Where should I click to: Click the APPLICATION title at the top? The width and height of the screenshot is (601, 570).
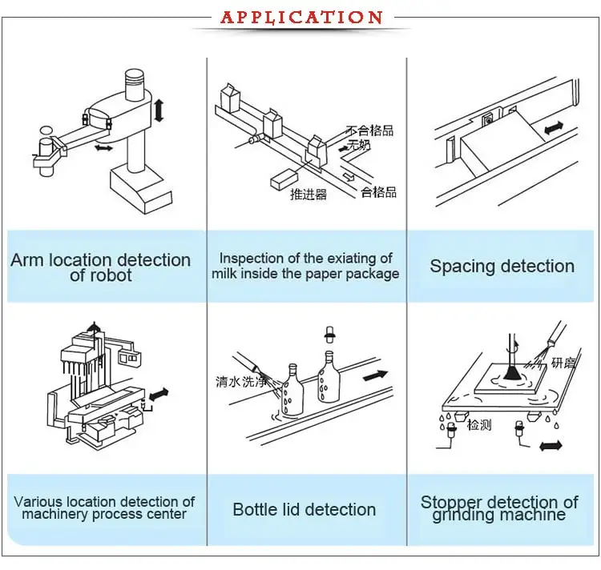(x=300, y=17)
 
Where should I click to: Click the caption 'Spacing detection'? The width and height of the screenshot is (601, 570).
(x=502, y=267)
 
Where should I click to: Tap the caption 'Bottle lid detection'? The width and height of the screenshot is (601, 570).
(x=304, y=509)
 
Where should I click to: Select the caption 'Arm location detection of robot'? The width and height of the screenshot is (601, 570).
(x=100, y=267)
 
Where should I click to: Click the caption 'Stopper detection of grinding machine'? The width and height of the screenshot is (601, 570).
(x=499, y=508)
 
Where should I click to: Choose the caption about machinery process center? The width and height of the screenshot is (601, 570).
(x=104, y=508)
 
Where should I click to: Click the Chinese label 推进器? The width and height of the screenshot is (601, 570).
(x=309, y=194)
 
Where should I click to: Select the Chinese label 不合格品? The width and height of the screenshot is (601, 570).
(x=369, y=130)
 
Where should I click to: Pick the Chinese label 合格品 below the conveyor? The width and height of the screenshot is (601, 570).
(x=378, y=192)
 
